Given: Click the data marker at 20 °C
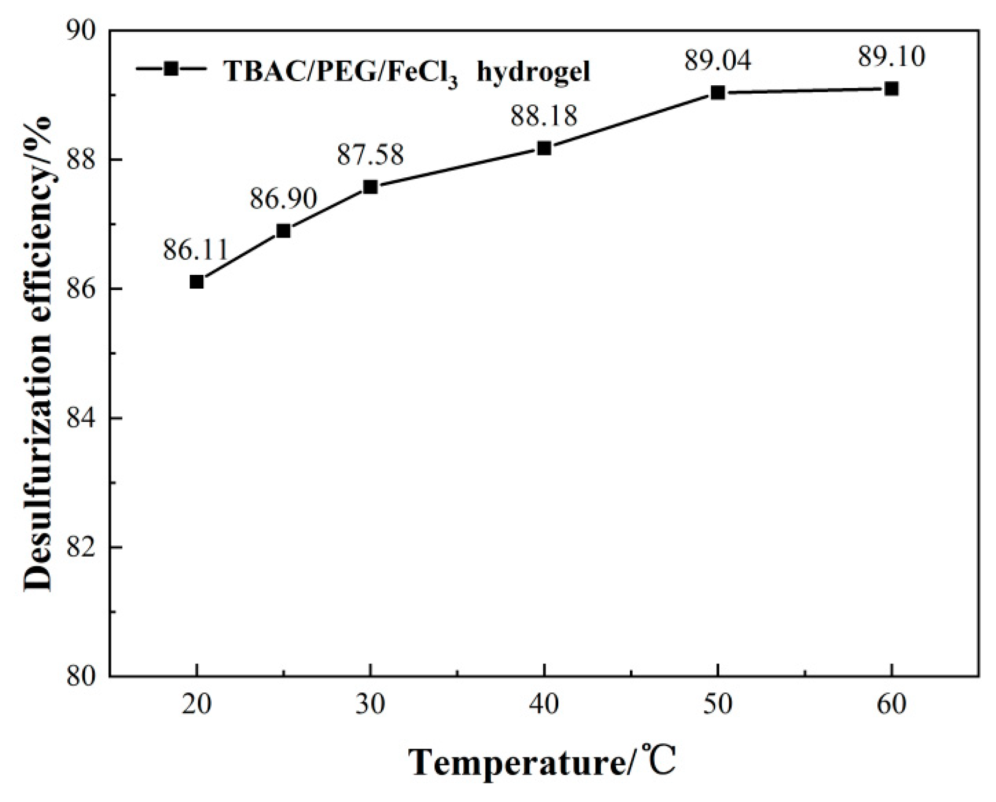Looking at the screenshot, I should point(197,282).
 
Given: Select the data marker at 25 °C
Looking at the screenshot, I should point(283,231).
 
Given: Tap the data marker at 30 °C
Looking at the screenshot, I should point(371,187).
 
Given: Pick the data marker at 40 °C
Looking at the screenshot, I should point(544,148).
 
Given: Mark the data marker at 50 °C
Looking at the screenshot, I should point(718,93).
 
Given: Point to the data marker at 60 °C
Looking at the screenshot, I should point(892,89).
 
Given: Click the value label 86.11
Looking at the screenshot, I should point(196,250).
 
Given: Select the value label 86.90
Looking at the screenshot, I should point(283,199).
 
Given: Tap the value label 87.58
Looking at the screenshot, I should point(371,155).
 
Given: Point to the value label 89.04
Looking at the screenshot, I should point(718,61).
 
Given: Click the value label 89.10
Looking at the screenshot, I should point(892,57).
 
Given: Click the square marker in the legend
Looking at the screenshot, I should point(171,68).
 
